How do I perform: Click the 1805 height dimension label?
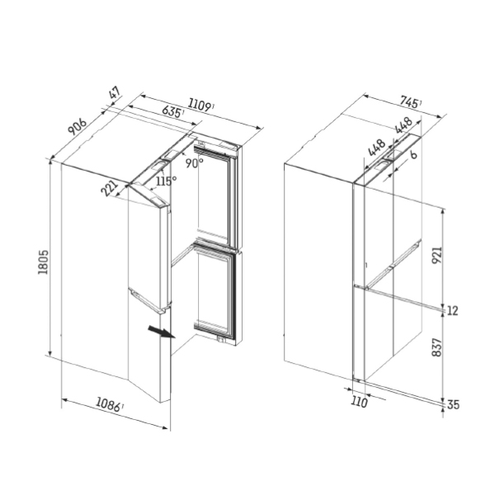click(x=43, y=262)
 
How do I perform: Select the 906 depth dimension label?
click(x=78, y=126)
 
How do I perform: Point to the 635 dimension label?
click(x=172, y=111)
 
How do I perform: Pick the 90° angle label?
click(x=194, y=163)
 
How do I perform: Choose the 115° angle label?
click(x=167, y=181)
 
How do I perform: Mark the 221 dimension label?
click(x=109, y=188)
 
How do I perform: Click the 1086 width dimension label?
click(x=109, y=404)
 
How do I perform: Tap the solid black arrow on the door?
click(x=162, y=332)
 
